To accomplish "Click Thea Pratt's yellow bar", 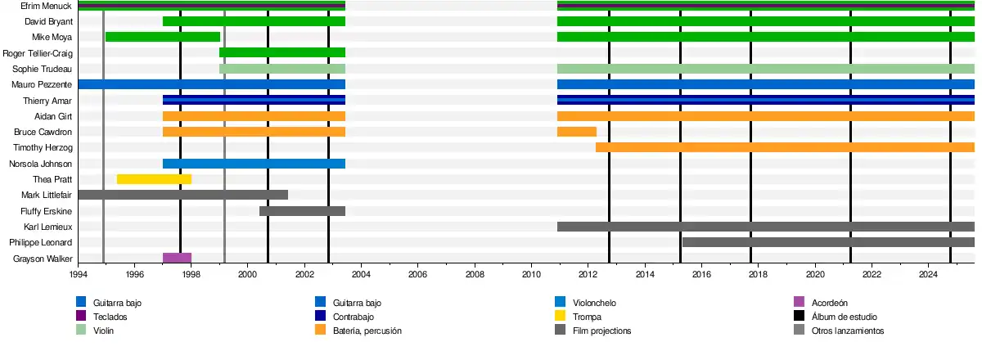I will pos(154,179).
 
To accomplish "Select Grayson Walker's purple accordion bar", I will pos(177,258).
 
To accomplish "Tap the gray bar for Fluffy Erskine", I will pos(302,211).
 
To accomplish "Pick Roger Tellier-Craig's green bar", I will pos(282,52).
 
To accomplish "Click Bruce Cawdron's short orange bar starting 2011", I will pos(577,132).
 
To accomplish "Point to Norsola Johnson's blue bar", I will pos(254,164).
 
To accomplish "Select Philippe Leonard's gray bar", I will pos(828,242).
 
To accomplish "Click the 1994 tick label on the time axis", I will pos(79,275).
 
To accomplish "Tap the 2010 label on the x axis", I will pos(532,275).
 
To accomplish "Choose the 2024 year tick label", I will pos(928,275).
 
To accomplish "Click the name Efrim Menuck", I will pos(49,6).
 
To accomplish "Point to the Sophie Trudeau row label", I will pos(43,69).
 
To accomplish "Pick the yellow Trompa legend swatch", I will pos(561,317).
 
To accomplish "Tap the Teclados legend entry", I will pos(110,317).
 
